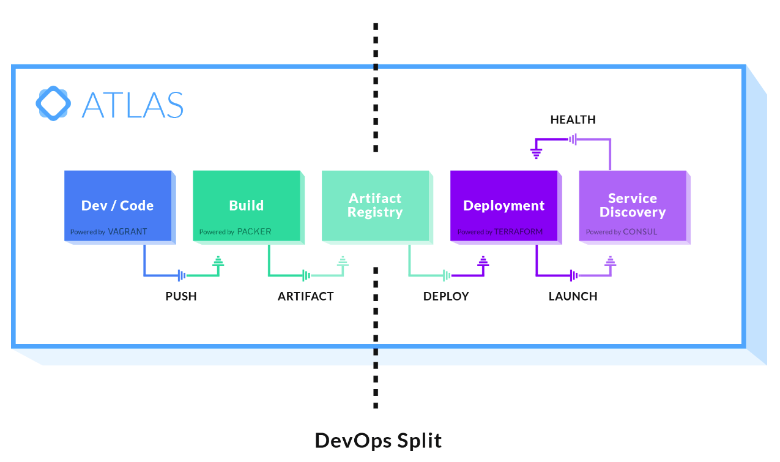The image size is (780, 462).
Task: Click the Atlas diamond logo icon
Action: tap(53, 103)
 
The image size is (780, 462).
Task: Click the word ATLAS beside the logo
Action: tap(132, 105)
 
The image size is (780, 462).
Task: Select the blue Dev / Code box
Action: tap(117, 206)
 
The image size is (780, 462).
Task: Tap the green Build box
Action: tap(246, 206)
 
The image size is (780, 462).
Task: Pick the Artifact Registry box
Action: tap(375, 206)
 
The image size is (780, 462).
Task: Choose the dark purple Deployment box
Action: tap(503, 206)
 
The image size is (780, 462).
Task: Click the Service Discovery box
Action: tap(633, 206)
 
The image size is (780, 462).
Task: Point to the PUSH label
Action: tap(181, 297)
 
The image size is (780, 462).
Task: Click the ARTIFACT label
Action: tap(305, 297)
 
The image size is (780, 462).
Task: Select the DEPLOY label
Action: tap(446, 297)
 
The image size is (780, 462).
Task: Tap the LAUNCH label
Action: tap(573, 297)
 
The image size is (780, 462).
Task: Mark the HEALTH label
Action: tap(573, 120)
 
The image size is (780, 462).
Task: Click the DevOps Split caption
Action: tap(378, 441)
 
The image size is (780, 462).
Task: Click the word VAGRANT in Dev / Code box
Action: tap(127, 232)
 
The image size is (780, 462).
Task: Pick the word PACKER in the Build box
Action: tap(254, 232)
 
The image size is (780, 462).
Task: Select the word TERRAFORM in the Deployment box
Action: tap(518, 232)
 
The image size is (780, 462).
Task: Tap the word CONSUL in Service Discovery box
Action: tap(640, 232)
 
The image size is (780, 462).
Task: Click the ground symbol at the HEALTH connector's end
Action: tap(536, 152)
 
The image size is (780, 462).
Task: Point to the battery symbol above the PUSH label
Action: tap(182, 275)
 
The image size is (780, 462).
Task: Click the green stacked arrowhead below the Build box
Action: tap(218, 262)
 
